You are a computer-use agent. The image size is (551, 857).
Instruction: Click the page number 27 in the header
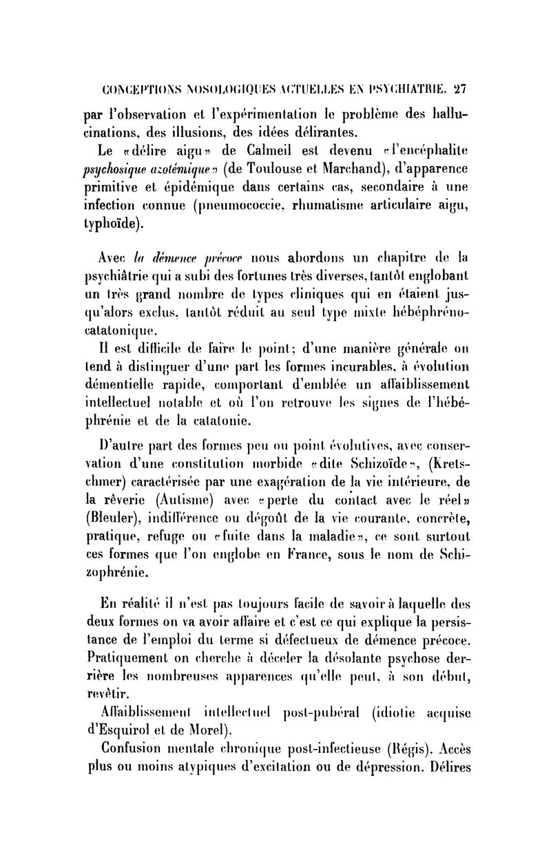[x=460, y=89]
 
